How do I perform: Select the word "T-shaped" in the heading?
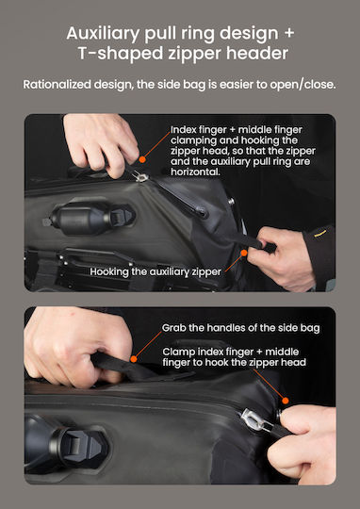pos(121,54)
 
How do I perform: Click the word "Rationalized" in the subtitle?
pos(57,85)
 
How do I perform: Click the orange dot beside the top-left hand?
pos(142,159)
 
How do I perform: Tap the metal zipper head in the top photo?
pos(140,176)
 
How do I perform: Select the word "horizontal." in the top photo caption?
pos(195,172)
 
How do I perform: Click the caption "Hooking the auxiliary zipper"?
pos(155,272)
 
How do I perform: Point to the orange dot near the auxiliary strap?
pos(244,253)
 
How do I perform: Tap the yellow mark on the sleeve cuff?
pos(320,234)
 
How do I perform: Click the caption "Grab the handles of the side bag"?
pos(240,328)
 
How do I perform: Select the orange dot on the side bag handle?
pos(134,359)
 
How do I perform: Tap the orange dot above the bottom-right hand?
pos(286,401)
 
